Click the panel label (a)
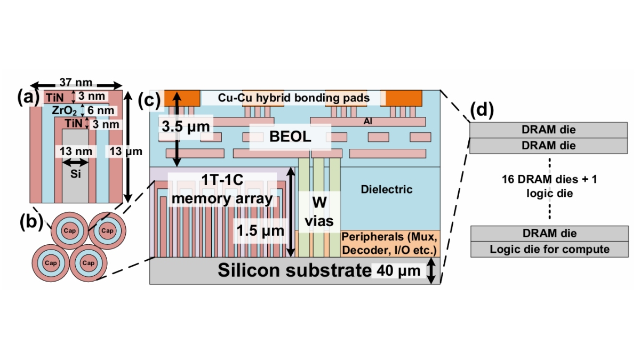pyautogui.click(x=27, y=97)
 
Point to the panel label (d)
pyautogui.click(x=481, y=110)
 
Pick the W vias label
pyautogui.click(x=319, y=210)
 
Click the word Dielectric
pyautogui.click(x=387, y=189)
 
